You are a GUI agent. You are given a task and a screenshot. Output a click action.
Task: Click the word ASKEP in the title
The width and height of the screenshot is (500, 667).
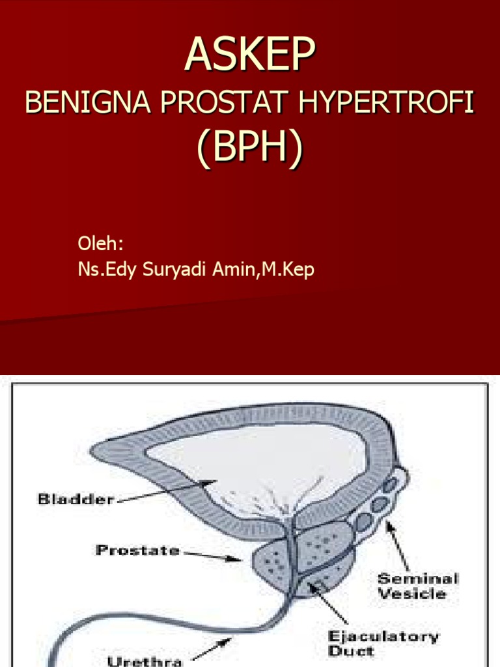[x=250, y=55]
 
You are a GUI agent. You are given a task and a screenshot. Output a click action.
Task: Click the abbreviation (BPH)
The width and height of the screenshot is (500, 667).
[x=250, y=149]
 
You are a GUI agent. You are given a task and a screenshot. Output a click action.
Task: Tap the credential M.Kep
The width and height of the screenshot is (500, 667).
[x=287, y=270]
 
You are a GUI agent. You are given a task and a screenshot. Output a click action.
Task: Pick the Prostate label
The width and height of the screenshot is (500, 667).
[x=137, y=550]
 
